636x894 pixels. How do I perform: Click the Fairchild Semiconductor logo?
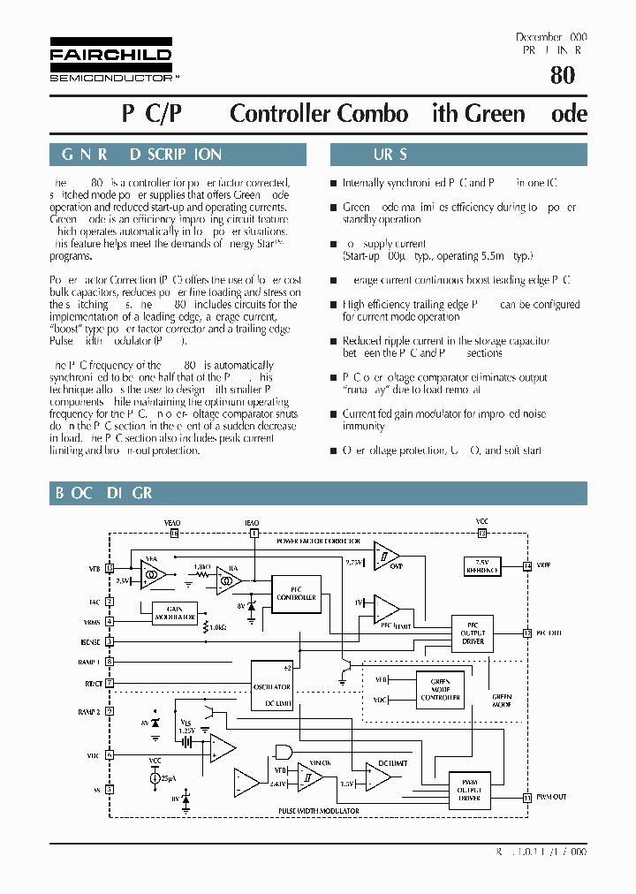[110, 60]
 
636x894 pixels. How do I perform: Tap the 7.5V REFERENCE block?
[481, 565]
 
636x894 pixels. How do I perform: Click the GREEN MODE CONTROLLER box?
[439, 690]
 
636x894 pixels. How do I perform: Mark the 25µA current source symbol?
[156, 778]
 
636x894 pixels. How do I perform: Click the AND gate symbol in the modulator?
[284, 752]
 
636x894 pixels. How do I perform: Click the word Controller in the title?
[281, 114]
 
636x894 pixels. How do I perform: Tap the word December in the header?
[539, 37]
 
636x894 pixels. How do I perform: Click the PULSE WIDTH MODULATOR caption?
[318, 810]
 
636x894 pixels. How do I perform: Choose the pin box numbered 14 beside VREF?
[527, 565]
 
